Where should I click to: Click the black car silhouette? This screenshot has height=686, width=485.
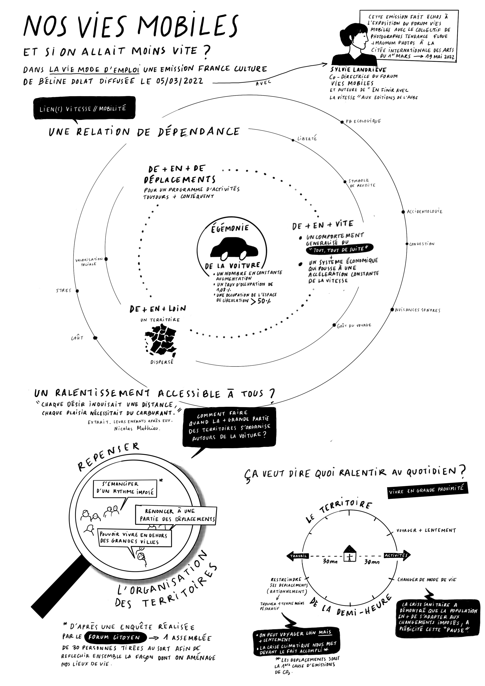[233, 248]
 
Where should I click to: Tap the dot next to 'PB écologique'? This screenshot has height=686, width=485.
[342, 122]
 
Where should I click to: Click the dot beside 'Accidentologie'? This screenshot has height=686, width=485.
[403, 212]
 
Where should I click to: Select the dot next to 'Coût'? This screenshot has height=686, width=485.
[95, 338]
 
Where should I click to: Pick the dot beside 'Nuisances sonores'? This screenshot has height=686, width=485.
[392, 310]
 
